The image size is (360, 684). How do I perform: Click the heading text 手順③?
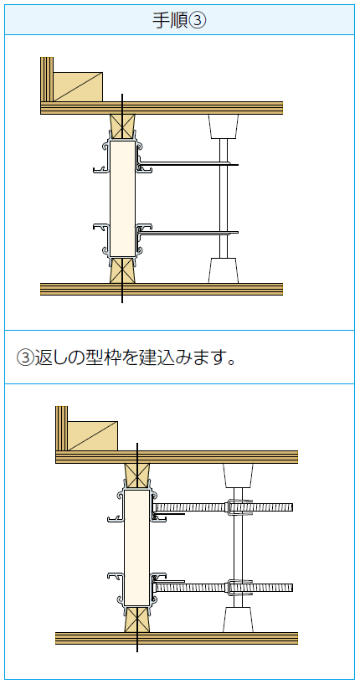179,20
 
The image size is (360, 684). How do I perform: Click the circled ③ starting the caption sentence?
25,357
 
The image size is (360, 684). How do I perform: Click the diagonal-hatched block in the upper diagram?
78,87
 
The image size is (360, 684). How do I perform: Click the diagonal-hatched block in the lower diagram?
93,436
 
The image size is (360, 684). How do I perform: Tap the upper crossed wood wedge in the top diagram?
122,127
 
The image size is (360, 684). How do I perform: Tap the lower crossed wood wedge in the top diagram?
122,270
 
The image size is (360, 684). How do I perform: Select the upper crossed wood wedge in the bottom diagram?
137,476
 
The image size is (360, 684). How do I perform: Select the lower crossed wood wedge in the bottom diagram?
137,619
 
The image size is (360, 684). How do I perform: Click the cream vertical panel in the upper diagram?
122,198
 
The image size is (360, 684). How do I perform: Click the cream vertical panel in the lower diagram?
137,548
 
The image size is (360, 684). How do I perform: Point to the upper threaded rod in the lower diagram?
224,507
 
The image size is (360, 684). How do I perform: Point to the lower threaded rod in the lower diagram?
224,588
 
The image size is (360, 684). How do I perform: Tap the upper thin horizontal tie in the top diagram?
189,164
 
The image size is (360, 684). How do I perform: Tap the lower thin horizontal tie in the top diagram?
189,233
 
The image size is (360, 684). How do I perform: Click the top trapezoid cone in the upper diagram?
224,126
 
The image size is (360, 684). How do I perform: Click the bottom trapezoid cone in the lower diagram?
239,620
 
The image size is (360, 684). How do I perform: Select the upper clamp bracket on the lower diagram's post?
239,507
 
